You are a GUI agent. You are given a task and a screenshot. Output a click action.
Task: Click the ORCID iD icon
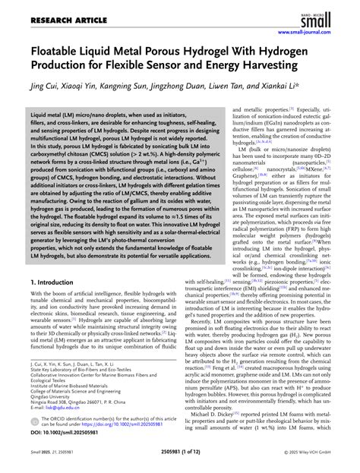[35, 421]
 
